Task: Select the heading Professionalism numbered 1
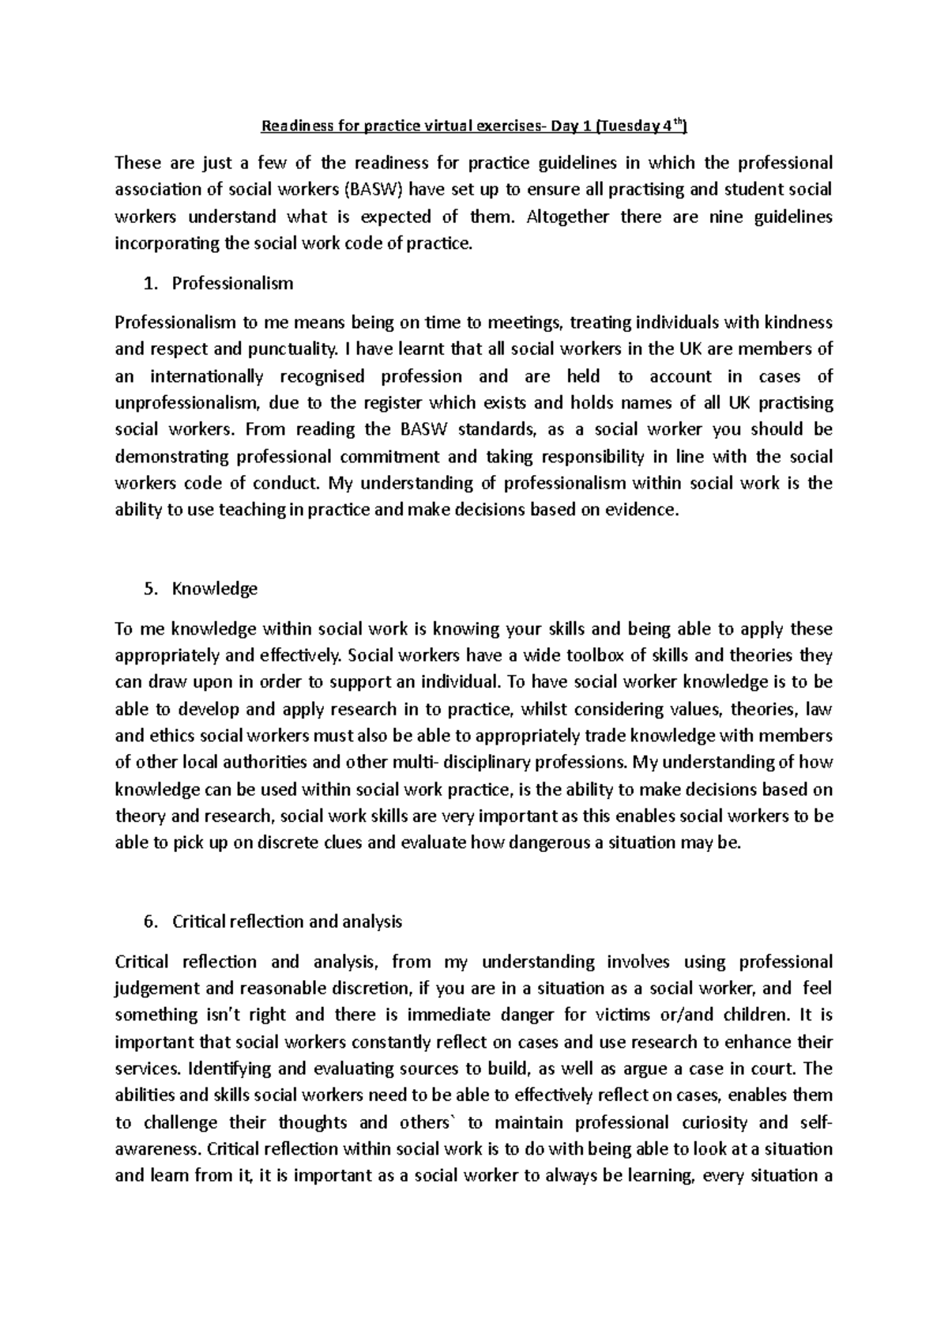tap(232, 283)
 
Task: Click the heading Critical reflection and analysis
tap(287, 922)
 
